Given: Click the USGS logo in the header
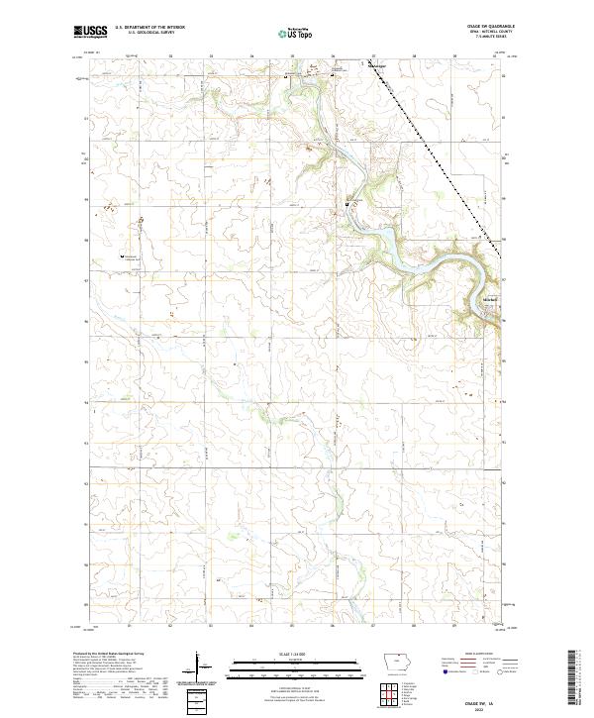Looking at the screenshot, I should pos(90,32).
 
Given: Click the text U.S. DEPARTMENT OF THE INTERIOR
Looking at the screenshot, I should pos(149,28).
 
